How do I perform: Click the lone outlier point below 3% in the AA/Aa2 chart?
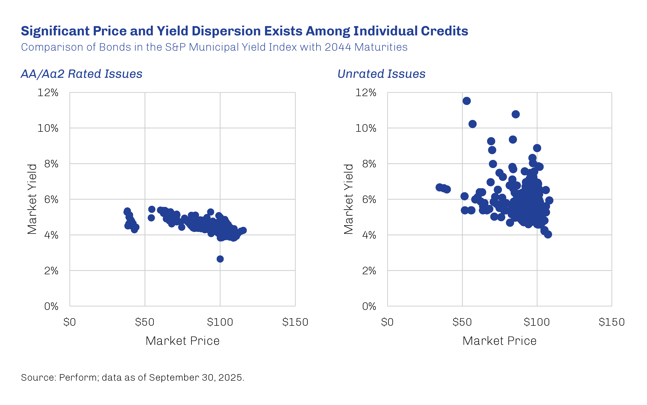point(220,259)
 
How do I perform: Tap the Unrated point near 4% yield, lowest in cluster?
point(548,235)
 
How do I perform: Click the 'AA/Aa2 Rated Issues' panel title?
point(82,74)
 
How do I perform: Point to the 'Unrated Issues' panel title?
point(381,74)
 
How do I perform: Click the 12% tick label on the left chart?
point(48,93)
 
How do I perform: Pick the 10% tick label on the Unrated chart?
point(366,128)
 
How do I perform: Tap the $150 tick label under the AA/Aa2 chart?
point(295,322)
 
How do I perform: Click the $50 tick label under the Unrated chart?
point(462,322)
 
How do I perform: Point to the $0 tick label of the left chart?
point(70,322)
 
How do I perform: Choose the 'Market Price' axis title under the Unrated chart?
point(500,341)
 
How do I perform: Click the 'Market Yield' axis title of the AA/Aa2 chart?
point(32,199)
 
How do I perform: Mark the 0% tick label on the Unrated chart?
point(369,306)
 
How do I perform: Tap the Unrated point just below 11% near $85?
point(516,114)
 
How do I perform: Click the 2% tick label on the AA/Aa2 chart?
point(51,271)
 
